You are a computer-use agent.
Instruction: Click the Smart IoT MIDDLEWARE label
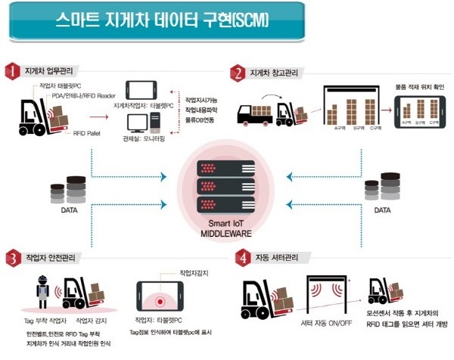click(x=227, y=229)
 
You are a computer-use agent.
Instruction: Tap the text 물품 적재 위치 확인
click(x=418, y=88)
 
